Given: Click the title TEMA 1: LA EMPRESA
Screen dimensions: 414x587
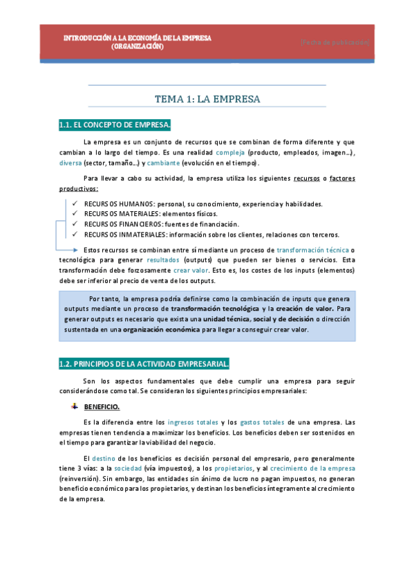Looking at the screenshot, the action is tap(207, 99).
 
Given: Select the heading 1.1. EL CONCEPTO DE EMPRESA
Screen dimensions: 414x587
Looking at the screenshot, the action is tap(115, 125).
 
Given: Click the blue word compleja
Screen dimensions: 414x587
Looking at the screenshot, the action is tap(230, 152).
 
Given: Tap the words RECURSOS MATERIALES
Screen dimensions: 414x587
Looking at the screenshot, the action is tap(115, 214).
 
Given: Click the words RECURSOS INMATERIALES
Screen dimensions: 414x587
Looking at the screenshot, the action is tap(118, 234).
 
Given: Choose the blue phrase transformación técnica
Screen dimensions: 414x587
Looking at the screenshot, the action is tap(312, 249).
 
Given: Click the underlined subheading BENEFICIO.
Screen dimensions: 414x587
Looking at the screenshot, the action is tap(102, 407).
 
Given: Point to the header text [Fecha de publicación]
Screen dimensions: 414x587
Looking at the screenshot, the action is tap(335, 42).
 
